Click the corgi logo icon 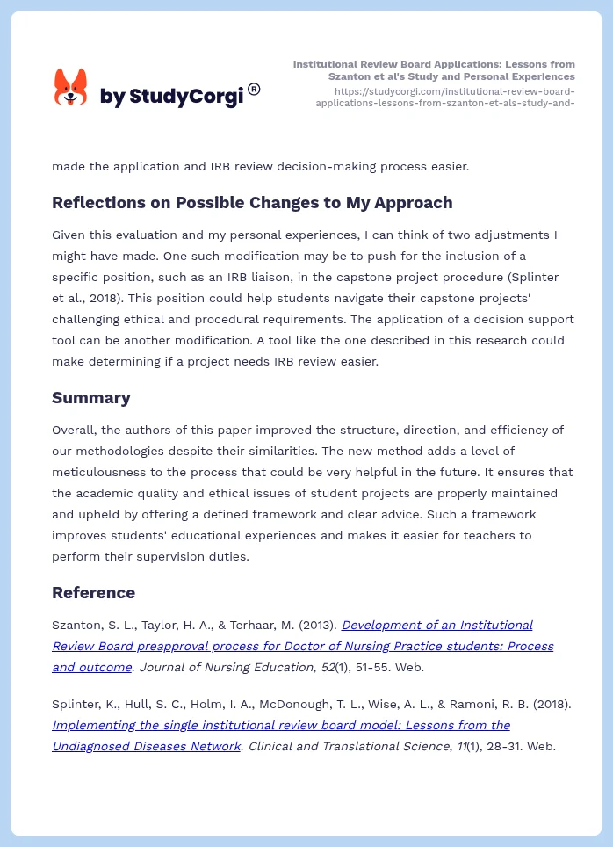click(x=71, y=88)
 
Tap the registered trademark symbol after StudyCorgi click(x=254, y=89)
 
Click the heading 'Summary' click(x=90, y=397)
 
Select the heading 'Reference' click(x=93, y=592)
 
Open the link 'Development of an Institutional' click(x=436, y=625)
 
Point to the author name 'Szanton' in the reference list click(x=76, y=625)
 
